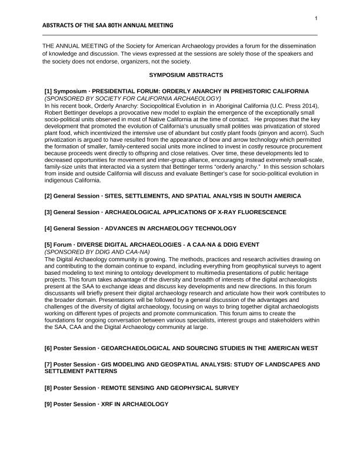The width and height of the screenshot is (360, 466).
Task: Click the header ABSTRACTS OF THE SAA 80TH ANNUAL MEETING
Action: [x=108, y=26]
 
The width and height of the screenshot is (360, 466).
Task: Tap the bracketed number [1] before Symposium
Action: [x=49, y=92]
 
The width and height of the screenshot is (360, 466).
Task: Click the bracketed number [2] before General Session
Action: [x=49, y=195]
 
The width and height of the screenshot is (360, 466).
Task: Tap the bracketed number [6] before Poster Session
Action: [x=49, y=348]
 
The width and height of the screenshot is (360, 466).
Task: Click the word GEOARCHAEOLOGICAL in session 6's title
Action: [x=134, y=348]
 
